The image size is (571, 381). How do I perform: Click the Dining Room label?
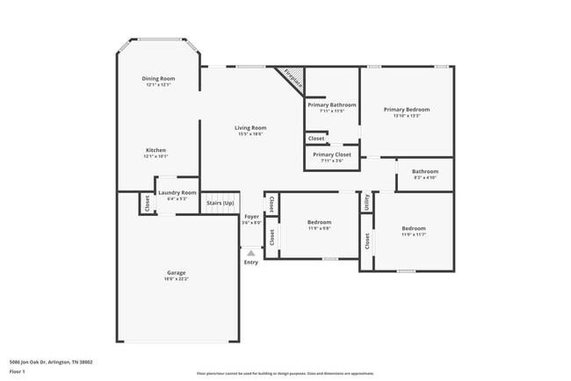click(x=158, y=79)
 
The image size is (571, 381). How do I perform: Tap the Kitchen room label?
click(x=155, y=150)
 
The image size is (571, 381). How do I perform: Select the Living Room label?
click(x=250, y=128)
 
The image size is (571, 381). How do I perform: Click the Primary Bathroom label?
click(x=331, y=104)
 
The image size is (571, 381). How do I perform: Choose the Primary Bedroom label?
click(x=406, y=110)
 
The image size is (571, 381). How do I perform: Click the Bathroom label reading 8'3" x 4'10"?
click(x=425, y=171)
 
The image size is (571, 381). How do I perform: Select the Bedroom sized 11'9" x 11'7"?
click(x=413, y=228)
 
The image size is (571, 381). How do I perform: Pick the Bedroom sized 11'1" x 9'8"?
click(x=318, y=223)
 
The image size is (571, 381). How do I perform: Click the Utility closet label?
click(x=366, y=202)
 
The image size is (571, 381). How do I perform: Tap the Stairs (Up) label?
click(x=220, y=203)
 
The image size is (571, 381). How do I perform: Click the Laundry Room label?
click(x=177, y=192)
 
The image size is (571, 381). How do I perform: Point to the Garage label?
click(x=177, y=273)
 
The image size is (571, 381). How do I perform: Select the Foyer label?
click(x=251, y=216)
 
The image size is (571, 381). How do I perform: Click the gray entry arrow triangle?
click(x=251, y=253)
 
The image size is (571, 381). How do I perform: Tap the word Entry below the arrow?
click(x=251, y=262)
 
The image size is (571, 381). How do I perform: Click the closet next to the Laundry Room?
click(x=146, y=203)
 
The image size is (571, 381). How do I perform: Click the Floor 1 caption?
click(x=18, y=370)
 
